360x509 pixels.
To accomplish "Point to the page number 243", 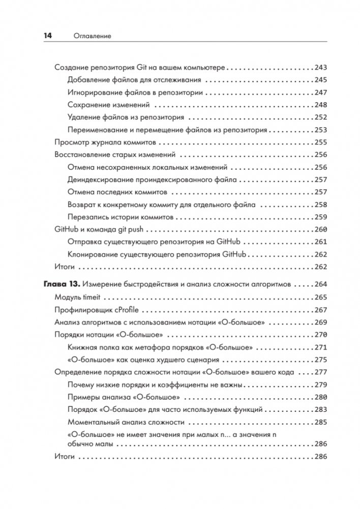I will [x=321, y=67].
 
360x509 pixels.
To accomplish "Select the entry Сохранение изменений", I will [x=108, y=105].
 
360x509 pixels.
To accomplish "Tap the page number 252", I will [x=321, y=117].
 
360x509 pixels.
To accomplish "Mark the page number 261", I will [x=321, y=242].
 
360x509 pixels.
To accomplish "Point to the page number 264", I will [x=321, y=284].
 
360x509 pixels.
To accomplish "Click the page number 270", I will [x=321, y=335].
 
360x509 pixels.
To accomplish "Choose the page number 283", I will [x=321, y=409].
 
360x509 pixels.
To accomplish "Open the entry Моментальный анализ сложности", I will [x=126, y=422].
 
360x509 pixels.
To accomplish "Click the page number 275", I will [x=321, y=360].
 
